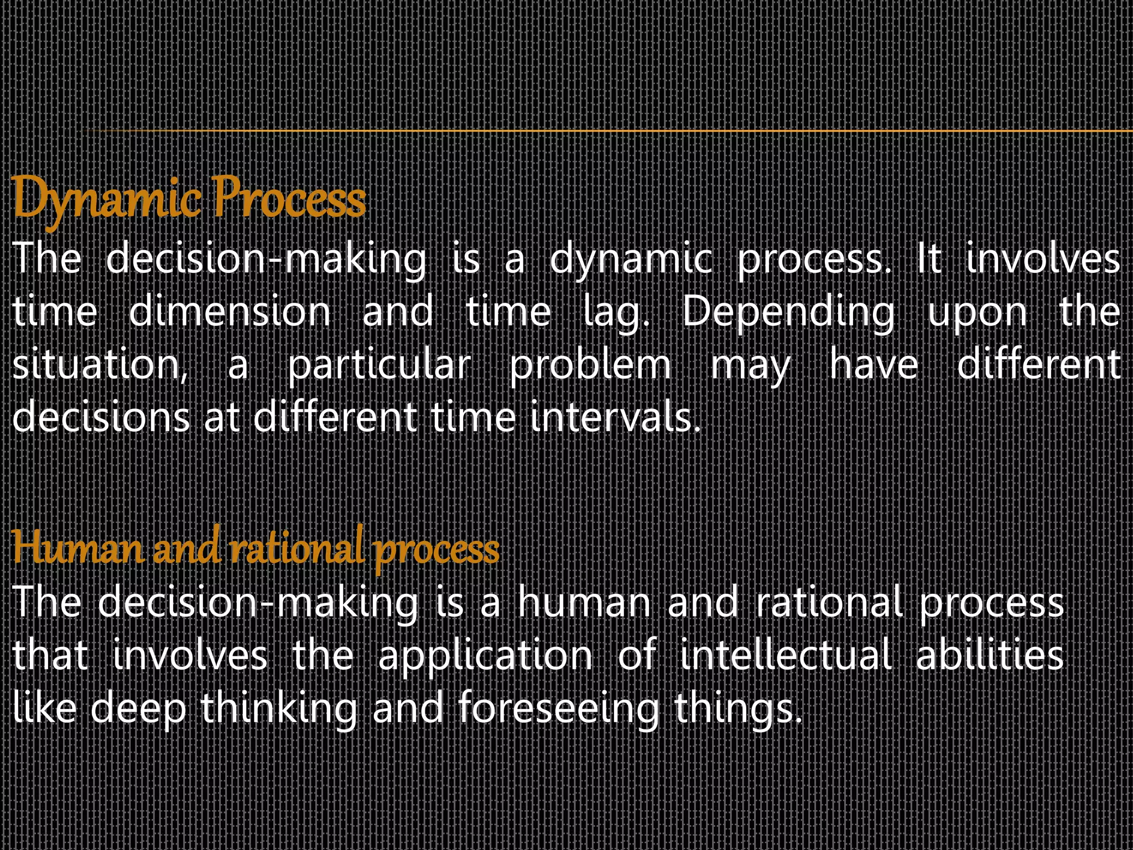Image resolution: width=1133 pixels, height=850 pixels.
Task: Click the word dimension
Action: (x=230, y=312)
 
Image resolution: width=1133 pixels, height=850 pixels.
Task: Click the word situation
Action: (x=100, y=365)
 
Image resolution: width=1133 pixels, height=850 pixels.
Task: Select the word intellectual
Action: (x=786, y=655)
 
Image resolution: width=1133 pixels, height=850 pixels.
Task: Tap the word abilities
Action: (x=990, y=655)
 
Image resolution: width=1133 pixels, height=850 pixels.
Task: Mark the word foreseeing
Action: (x=559, y=709)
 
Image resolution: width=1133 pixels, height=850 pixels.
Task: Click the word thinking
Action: (x=279, y=709)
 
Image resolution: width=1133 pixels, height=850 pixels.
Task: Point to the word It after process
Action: (x=929, y=259)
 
